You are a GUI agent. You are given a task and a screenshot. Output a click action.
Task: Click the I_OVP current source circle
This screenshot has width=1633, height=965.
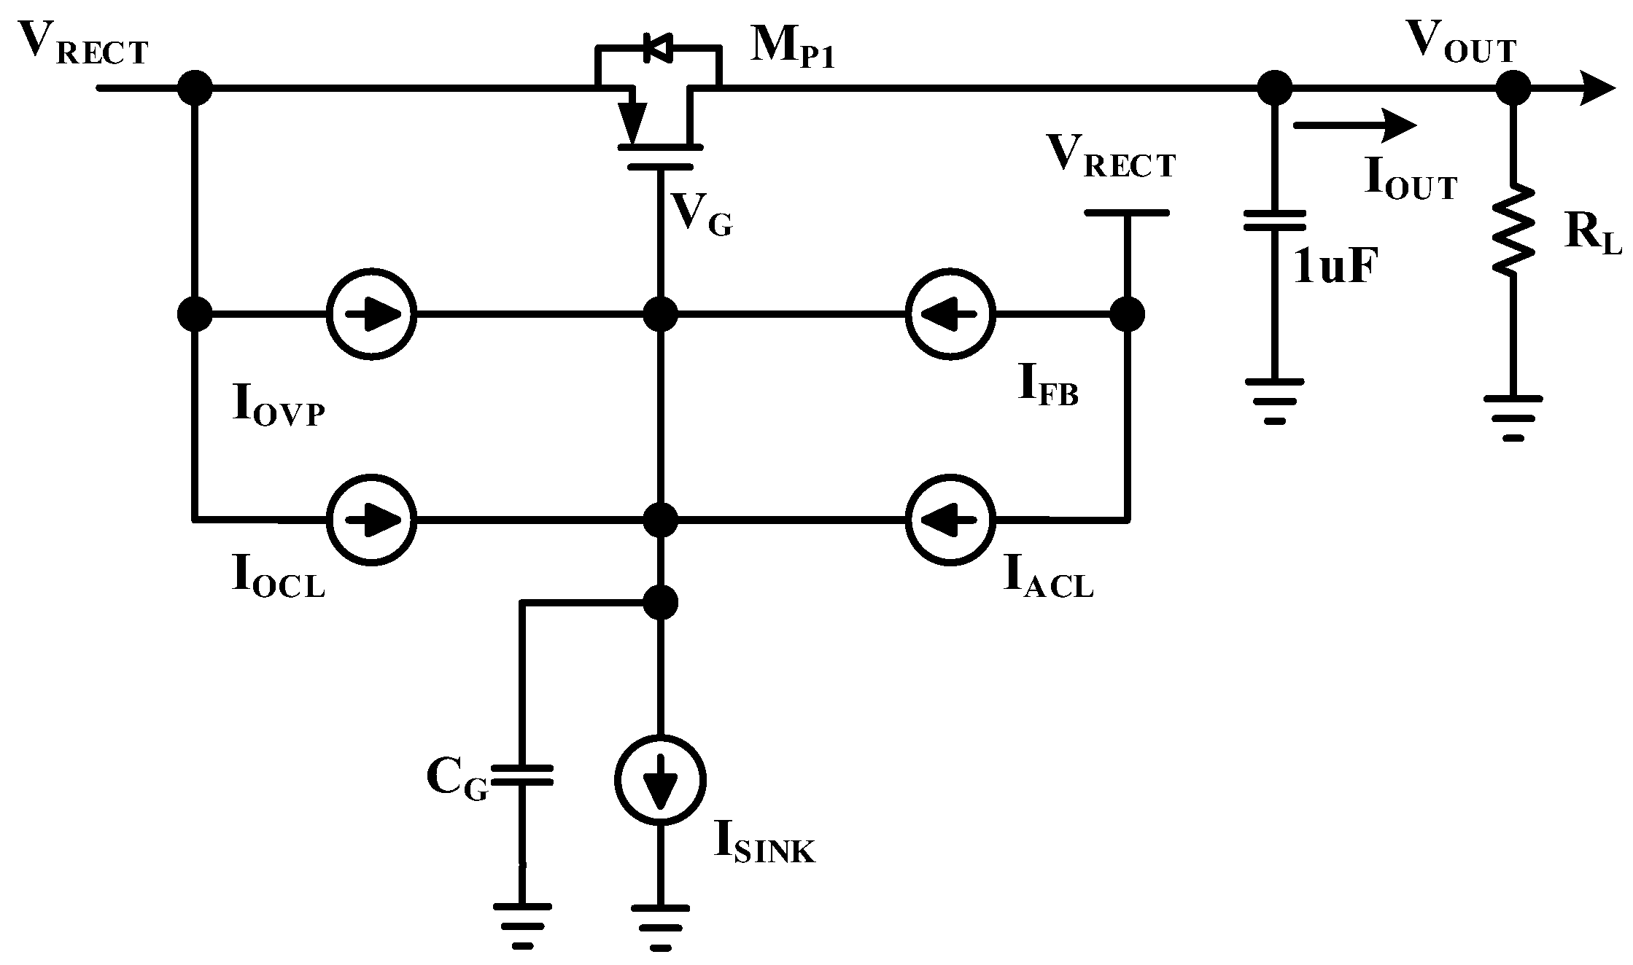[x=371, y=315]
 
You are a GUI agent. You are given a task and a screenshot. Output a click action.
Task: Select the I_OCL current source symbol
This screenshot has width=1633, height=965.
[x=371, y=520]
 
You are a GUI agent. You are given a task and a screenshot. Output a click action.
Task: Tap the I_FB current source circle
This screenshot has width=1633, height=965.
[x=950, y=315]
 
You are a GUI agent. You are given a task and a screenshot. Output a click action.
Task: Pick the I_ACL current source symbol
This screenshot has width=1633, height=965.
[x=950, y=520]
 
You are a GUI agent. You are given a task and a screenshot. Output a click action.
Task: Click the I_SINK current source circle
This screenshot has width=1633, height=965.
[x=660, y=780]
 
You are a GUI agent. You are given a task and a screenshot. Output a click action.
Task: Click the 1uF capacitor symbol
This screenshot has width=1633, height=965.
[x=1274, y=221]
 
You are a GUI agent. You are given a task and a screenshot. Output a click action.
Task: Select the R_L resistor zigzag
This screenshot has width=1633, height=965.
[x=1513, y=230]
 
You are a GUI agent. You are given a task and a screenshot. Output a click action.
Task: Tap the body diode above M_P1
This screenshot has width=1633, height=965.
[x=656, y=48]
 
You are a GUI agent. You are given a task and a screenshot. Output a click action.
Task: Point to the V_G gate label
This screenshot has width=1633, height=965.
[x=701, y=216]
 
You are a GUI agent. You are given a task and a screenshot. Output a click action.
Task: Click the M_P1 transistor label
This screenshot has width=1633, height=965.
[x=792, y=50]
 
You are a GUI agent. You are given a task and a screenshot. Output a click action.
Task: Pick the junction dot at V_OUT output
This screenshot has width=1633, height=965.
[x=1513, y=89]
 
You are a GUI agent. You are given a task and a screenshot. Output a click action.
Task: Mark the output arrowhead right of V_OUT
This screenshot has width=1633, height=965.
[x=1597, y=89]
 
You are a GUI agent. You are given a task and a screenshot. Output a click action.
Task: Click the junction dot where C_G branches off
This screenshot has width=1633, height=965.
[x=661, y=602]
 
